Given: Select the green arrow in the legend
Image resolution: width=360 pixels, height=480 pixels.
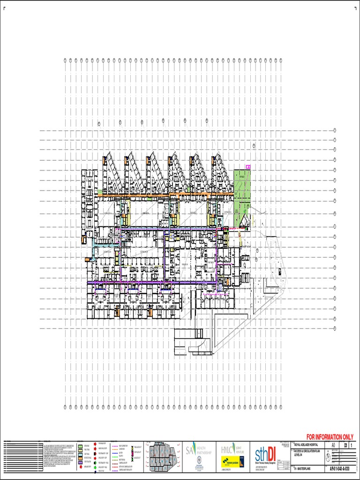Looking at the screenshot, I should pyautogui.click(x=96, y=461).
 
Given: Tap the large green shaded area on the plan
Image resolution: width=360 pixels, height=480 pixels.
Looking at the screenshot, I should pyautogui.click(x=242, y=190).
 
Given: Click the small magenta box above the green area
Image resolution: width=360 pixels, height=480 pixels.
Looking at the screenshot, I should pyautogui.click(x=248, y=166).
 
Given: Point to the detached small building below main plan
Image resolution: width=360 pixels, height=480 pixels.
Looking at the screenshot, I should pyautogui.click(x=192, y=341).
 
